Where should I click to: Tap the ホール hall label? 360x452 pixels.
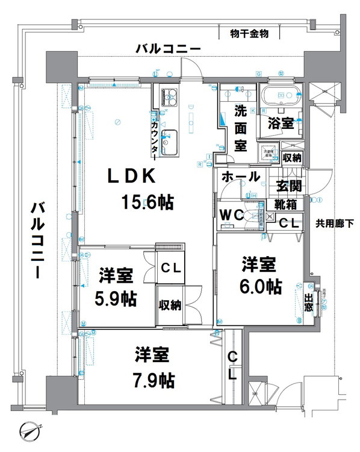tap(241, 177)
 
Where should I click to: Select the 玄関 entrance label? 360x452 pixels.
tap(288, 186)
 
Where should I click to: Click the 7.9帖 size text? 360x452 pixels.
tap(155, 380)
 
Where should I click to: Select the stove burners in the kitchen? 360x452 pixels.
tap(168, 96)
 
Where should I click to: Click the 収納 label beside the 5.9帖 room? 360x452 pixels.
tap(170, 305)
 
